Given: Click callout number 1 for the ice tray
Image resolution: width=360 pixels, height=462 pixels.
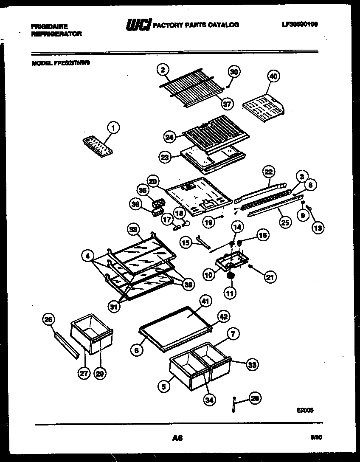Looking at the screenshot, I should (112, 127).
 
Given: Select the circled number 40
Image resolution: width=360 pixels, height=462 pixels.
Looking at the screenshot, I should (273, 76).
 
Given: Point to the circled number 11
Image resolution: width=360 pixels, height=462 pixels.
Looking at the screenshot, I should (230, 293).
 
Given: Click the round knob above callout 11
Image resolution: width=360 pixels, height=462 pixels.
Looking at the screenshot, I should (231, 276).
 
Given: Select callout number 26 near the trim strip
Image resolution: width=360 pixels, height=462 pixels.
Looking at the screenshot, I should (48, 319).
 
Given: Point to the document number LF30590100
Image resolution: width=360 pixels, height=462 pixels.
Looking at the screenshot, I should (299, 24).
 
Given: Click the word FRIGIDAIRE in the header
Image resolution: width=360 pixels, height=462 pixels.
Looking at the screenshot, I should (49, 26).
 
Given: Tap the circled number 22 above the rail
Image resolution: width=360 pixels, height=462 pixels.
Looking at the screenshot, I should (268, 172).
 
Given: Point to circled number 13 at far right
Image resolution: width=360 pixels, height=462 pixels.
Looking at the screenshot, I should (318, 228).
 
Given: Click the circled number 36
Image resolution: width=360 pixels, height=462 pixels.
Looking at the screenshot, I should (136, 205).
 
